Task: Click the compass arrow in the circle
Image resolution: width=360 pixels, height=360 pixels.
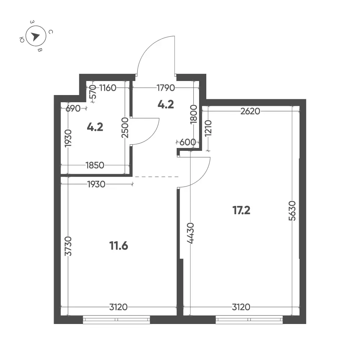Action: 35,36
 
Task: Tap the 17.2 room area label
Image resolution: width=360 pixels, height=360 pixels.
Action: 241,210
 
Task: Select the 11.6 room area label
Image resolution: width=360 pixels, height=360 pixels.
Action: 119,246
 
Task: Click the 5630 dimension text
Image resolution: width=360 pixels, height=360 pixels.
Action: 292,211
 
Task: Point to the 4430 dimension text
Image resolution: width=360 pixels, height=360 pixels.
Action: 190,233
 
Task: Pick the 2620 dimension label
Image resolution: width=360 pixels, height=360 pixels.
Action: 250,111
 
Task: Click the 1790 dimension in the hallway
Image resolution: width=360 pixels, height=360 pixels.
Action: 166,88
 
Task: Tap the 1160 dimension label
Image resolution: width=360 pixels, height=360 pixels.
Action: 108,88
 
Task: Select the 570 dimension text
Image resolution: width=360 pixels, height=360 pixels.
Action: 93,91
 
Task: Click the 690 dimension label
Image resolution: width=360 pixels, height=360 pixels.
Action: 73,108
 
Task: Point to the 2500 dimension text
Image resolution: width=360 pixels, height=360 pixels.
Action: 125,128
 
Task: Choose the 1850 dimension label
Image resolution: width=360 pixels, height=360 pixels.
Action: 95,165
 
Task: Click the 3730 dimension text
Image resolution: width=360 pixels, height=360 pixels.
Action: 68,246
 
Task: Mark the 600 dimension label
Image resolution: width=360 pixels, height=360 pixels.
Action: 188,142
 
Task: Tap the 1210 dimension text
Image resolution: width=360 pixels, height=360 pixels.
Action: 208,128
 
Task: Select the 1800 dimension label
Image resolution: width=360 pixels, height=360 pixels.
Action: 194,114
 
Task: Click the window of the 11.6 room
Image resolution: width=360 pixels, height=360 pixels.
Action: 116,319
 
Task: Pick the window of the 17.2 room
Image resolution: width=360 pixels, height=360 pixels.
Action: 249,319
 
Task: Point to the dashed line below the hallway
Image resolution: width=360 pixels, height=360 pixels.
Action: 157,177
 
